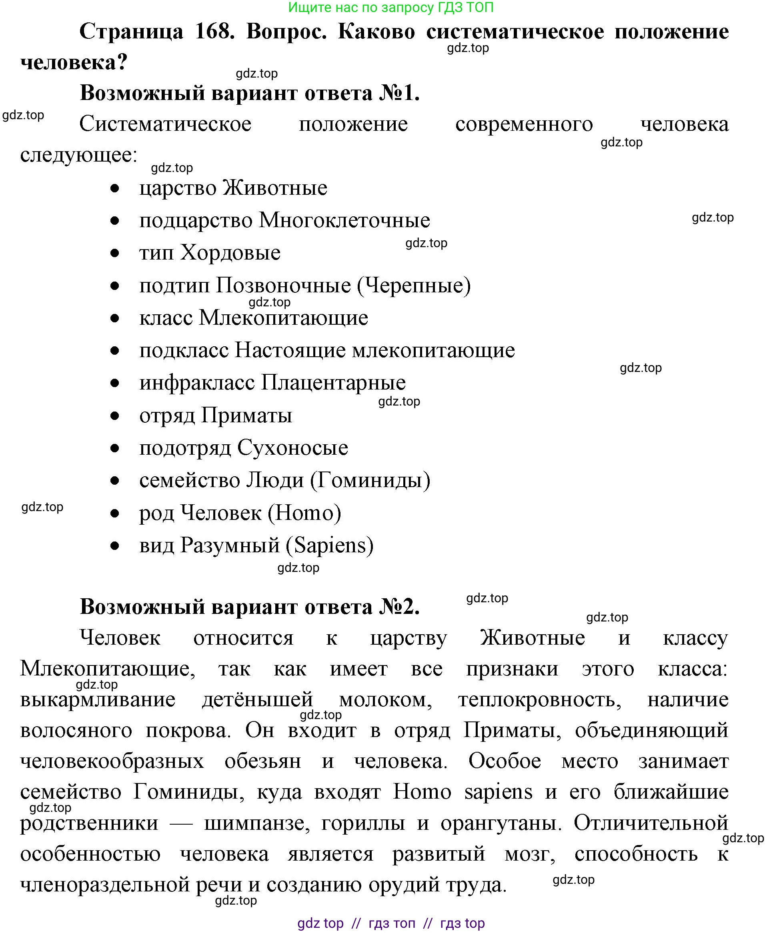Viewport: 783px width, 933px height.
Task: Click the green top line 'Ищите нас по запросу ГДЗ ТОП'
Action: point(391,7)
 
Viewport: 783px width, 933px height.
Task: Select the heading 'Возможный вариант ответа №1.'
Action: point(250,93)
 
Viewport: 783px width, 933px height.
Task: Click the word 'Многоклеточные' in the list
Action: point(344,221)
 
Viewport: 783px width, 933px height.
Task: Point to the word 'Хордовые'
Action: point(230,253)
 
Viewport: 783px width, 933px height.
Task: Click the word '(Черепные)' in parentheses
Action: point(414,286)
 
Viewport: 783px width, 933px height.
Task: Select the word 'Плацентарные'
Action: point(333,383)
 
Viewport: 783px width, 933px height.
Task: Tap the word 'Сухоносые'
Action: point(292,448)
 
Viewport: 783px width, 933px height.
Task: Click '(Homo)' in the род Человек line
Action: point(304,513)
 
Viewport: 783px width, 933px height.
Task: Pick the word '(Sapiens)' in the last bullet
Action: point(329,545)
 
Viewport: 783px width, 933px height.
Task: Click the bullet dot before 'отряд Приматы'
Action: point(115,416)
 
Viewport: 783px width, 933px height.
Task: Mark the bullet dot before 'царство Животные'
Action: point(115,188)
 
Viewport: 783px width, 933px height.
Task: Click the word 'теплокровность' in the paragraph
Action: point(539,700)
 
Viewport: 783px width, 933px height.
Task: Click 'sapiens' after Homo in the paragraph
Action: point(498,792)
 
